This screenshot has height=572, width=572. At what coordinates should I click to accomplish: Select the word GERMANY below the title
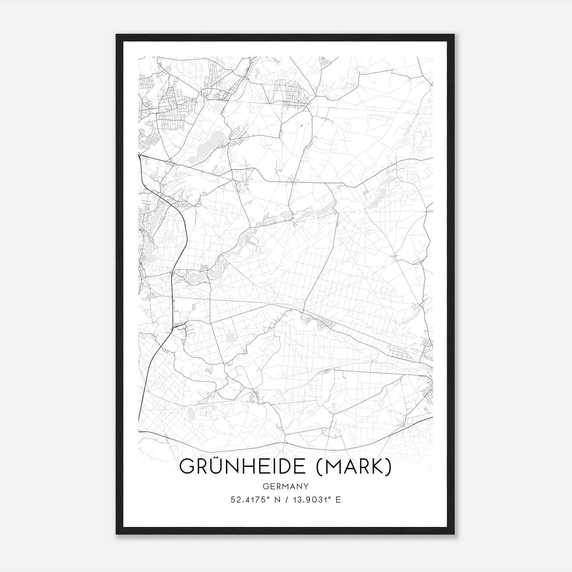286,486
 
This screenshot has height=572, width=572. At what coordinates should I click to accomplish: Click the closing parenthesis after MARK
389,467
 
